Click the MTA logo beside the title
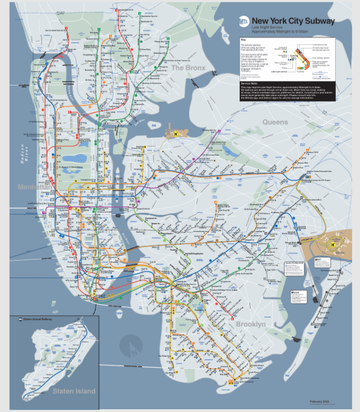245,22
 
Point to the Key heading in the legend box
243,40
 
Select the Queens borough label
274,122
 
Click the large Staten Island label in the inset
74,391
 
